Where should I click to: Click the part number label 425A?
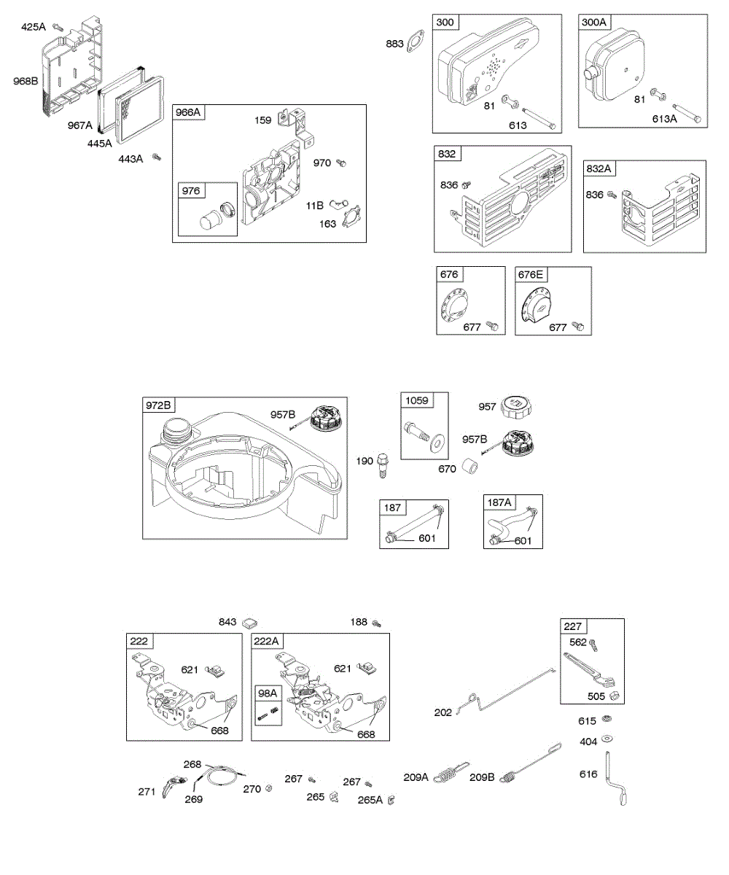[x=33, y=27]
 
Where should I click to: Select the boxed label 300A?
[x=594, y=22]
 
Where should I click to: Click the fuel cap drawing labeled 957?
[x=516, y=407]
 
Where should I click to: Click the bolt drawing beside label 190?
[x=384, y=464]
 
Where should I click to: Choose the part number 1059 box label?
[x=418, y=400]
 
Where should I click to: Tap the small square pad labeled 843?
[x=251, y=622]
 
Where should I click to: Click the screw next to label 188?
[x=377, y=623]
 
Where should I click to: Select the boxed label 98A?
[x=267, y=692]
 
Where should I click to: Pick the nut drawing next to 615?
[x=606, y=720]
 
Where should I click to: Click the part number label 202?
[x=443, y=712]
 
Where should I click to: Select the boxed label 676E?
[x=531, y=274]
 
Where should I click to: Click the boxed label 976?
[x=191, y=190]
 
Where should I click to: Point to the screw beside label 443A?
[x=156, y=157]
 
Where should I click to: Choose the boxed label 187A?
[x=499, y=502]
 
